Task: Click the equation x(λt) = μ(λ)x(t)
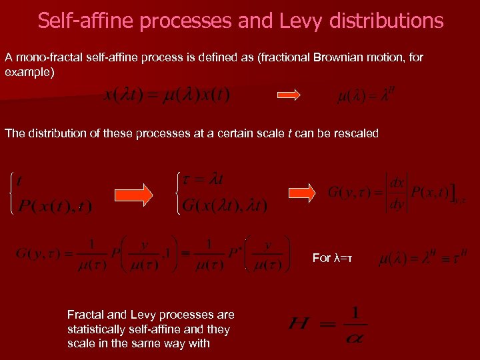coord(167,95)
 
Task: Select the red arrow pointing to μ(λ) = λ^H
coord(289,95)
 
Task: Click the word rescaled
coord(356,133)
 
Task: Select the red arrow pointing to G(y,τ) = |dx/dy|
coord(301,193)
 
